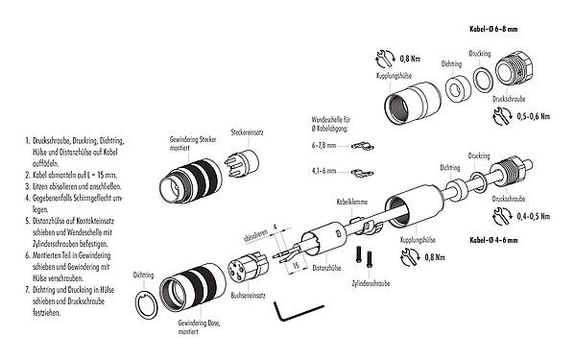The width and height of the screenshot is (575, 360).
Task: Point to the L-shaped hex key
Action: click(x=287, y=312)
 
